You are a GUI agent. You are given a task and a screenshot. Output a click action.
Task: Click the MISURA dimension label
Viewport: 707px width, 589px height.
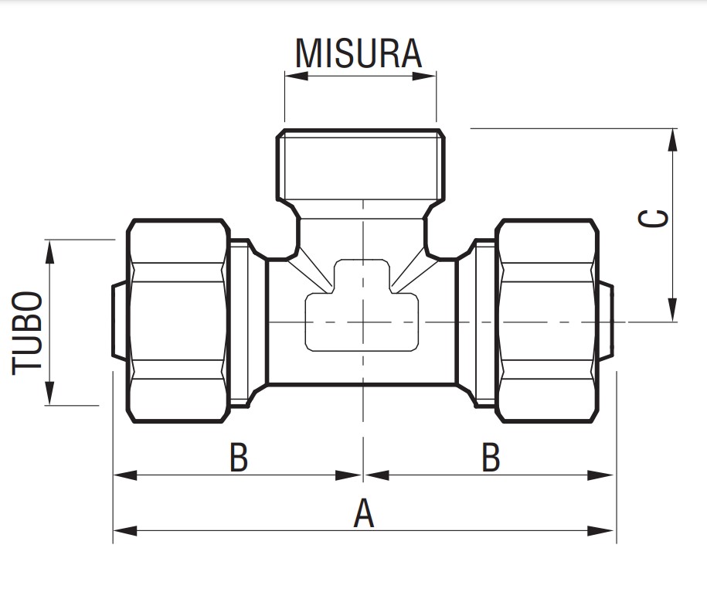pos(359,53)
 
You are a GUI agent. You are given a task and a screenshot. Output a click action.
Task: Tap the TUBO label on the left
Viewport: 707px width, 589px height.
pos(29,332)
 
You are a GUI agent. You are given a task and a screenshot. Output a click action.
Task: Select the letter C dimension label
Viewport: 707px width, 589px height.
pos(654,219)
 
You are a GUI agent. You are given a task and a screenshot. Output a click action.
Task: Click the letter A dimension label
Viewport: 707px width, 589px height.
pos(363,514)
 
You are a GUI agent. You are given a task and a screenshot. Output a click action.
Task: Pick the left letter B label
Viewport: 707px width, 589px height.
pos(239,458)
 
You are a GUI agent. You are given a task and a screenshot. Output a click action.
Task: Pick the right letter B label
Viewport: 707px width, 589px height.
pos(491,458)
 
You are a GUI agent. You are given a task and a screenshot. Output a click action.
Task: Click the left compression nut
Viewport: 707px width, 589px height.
pos(178,321)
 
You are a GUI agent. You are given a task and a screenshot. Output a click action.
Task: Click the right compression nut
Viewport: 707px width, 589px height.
pos(547,321)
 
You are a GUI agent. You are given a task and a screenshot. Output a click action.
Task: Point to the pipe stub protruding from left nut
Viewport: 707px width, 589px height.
pos(119,321)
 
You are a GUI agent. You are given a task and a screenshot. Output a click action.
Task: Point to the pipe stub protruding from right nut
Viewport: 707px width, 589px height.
pos(607,321)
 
